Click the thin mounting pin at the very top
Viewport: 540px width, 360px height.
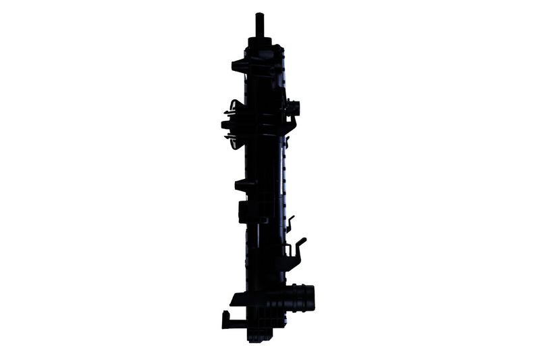(259, 24)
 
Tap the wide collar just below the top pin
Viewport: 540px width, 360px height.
(260, 41)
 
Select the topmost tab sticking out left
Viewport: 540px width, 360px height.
(238, 66)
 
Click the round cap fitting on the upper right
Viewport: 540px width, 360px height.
(294, 107)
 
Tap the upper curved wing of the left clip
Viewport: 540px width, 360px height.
(234, 105)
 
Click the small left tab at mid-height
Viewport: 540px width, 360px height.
(242, 183)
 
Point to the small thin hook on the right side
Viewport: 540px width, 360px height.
(290, 223)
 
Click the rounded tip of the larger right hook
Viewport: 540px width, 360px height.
(303, 240)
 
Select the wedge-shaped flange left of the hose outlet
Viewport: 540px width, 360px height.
(238, 299)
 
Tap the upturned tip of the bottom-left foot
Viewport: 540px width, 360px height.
(224, 315)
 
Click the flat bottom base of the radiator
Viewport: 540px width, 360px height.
(260, 336)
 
